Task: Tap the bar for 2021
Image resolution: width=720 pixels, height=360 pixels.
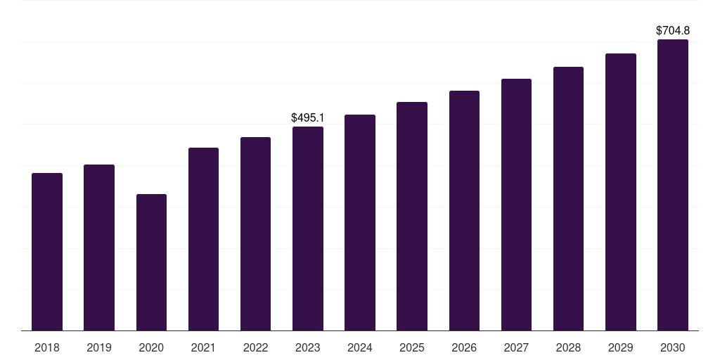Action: [203, 239]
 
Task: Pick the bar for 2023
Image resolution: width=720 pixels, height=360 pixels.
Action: [308, 229]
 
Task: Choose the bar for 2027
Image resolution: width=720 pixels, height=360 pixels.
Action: [516, 205]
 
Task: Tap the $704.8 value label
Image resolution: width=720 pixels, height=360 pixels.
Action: [673, 31]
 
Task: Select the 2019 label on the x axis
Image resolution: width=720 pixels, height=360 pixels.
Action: [99, 348]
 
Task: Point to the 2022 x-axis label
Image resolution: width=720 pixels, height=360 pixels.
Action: [256, 348]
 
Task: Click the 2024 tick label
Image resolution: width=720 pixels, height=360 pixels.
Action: [360, 348]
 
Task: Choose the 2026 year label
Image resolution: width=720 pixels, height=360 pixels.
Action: [464, 348]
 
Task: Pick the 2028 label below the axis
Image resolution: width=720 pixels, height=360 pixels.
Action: [568, 348]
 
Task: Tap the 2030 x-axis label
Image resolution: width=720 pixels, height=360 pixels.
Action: [673, 348]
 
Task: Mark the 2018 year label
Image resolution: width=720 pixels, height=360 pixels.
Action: [47, 348]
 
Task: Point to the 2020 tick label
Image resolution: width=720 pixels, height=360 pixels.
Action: [151, 348]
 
